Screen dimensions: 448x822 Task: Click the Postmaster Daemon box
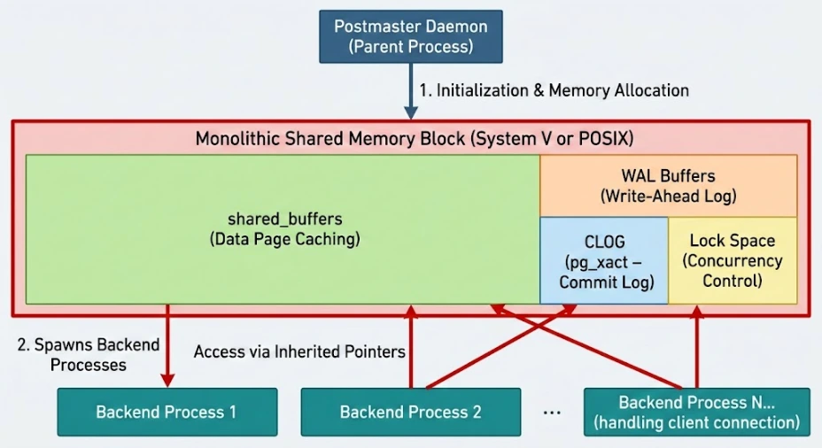pos(410,36)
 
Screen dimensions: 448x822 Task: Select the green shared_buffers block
pos(283,228)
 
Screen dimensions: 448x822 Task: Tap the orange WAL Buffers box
pos(668,185)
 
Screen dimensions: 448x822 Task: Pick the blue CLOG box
pos(604,260)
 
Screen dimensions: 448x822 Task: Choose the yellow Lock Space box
pos(732,260)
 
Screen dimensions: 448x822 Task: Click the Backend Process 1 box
pos(167,412)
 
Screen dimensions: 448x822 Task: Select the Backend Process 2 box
pos(410,412)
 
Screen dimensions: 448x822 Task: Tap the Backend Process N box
pos(696,412)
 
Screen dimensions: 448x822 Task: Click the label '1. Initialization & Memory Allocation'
pos(554,90)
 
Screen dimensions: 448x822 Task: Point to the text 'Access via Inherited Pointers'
pos(299,351)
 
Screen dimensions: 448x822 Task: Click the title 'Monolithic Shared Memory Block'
pos(415,139)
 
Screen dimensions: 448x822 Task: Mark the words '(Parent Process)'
pos(410,47)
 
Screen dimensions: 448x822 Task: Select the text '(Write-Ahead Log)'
pos(668,196)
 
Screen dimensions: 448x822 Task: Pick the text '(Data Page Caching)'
pos(283,239)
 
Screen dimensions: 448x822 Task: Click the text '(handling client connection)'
pos(696,422)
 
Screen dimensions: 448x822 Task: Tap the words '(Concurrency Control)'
pos(732,271)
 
